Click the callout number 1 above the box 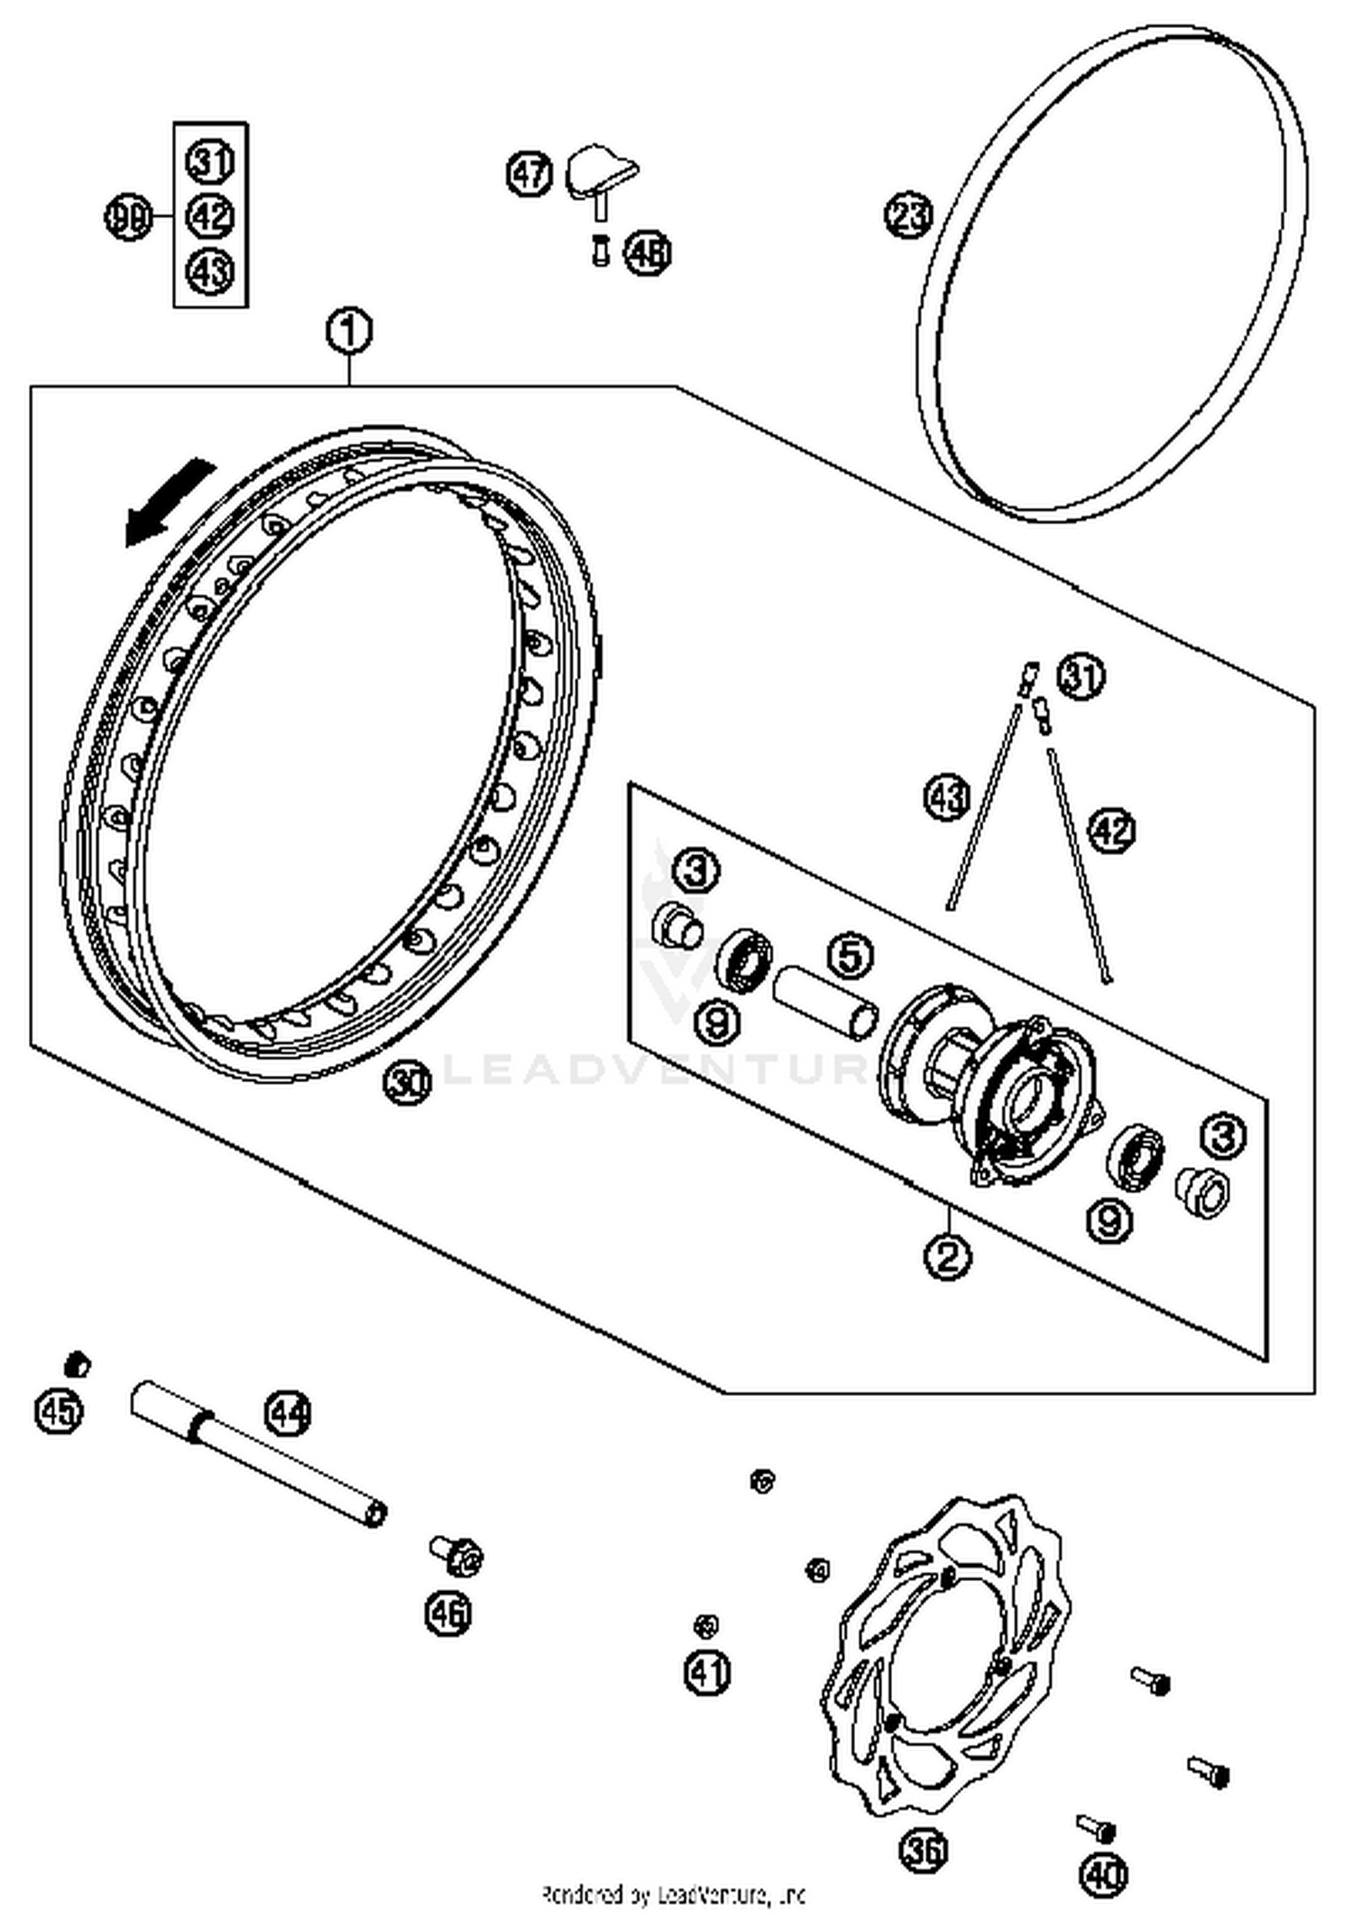pyautogui.click(x=348, y=332)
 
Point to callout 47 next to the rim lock pyautogui.click(x=529, y=173)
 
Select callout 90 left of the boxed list pyautogui.click(x=128, y=217)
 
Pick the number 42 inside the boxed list pyautogui.click(x=210, y=216)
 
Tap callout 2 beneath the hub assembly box pyautogui.click(x=947, y=1255)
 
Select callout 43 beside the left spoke pyautogui.click(x=947, y=797)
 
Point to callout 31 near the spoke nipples pyautogui.click(x=1081, y=676)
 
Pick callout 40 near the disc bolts pyautogui.click(x=1103, y=1875)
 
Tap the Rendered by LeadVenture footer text pyautogui.click(x=673, y=1895)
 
